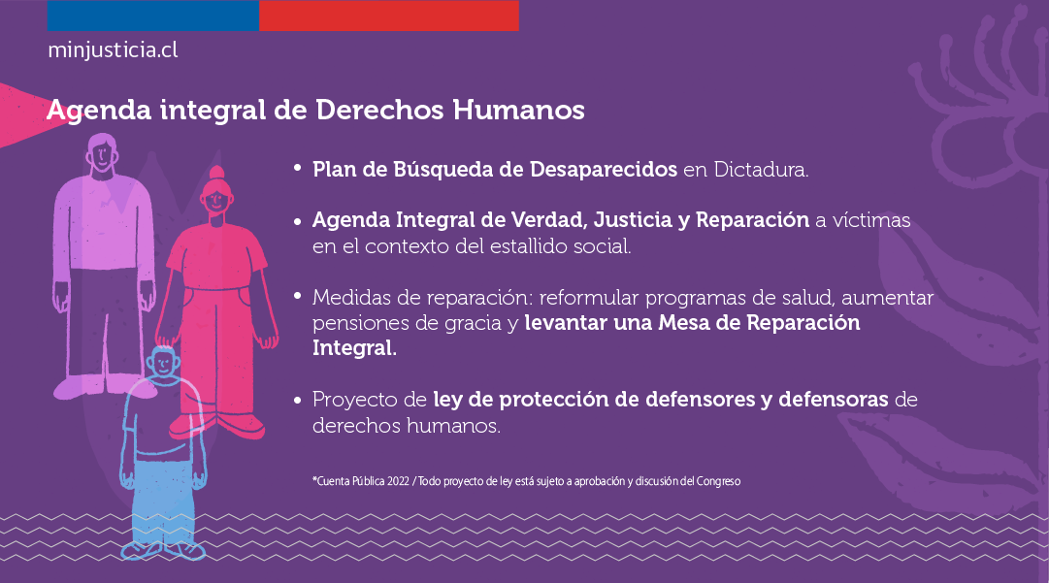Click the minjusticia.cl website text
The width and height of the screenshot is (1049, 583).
pyautogui.click(x=113, y=50)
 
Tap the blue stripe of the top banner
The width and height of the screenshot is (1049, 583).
pyautogui.click(x=153, y=16)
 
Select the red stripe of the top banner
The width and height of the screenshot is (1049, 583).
pyautogui.click(x=389, y=16)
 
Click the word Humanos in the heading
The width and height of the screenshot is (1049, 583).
pyautogui.click(x=518, y=110)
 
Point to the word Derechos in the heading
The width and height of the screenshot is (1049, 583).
pyautogui.click(x=379, y=110)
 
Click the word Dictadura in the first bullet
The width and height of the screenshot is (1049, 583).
pyautogui.click(x=761, y=169)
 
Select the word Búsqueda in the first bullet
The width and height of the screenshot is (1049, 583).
pyautogui.click(x=443, y=169)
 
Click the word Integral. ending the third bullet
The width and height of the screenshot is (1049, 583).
pyautogui.click(x=354, y=348)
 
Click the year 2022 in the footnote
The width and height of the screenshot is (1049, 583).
pyautogui.click(x=398, y=481)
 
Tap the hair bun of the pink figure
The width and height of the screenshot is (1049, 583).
pyautogui.click(x=216, y=173)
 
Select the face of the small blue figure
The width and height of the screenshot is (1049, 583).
pyautogui.click(x=164, y=364)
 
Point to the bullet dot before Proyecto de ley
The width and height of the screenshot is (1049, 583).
pyautogui.click(x=298, y=400)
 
